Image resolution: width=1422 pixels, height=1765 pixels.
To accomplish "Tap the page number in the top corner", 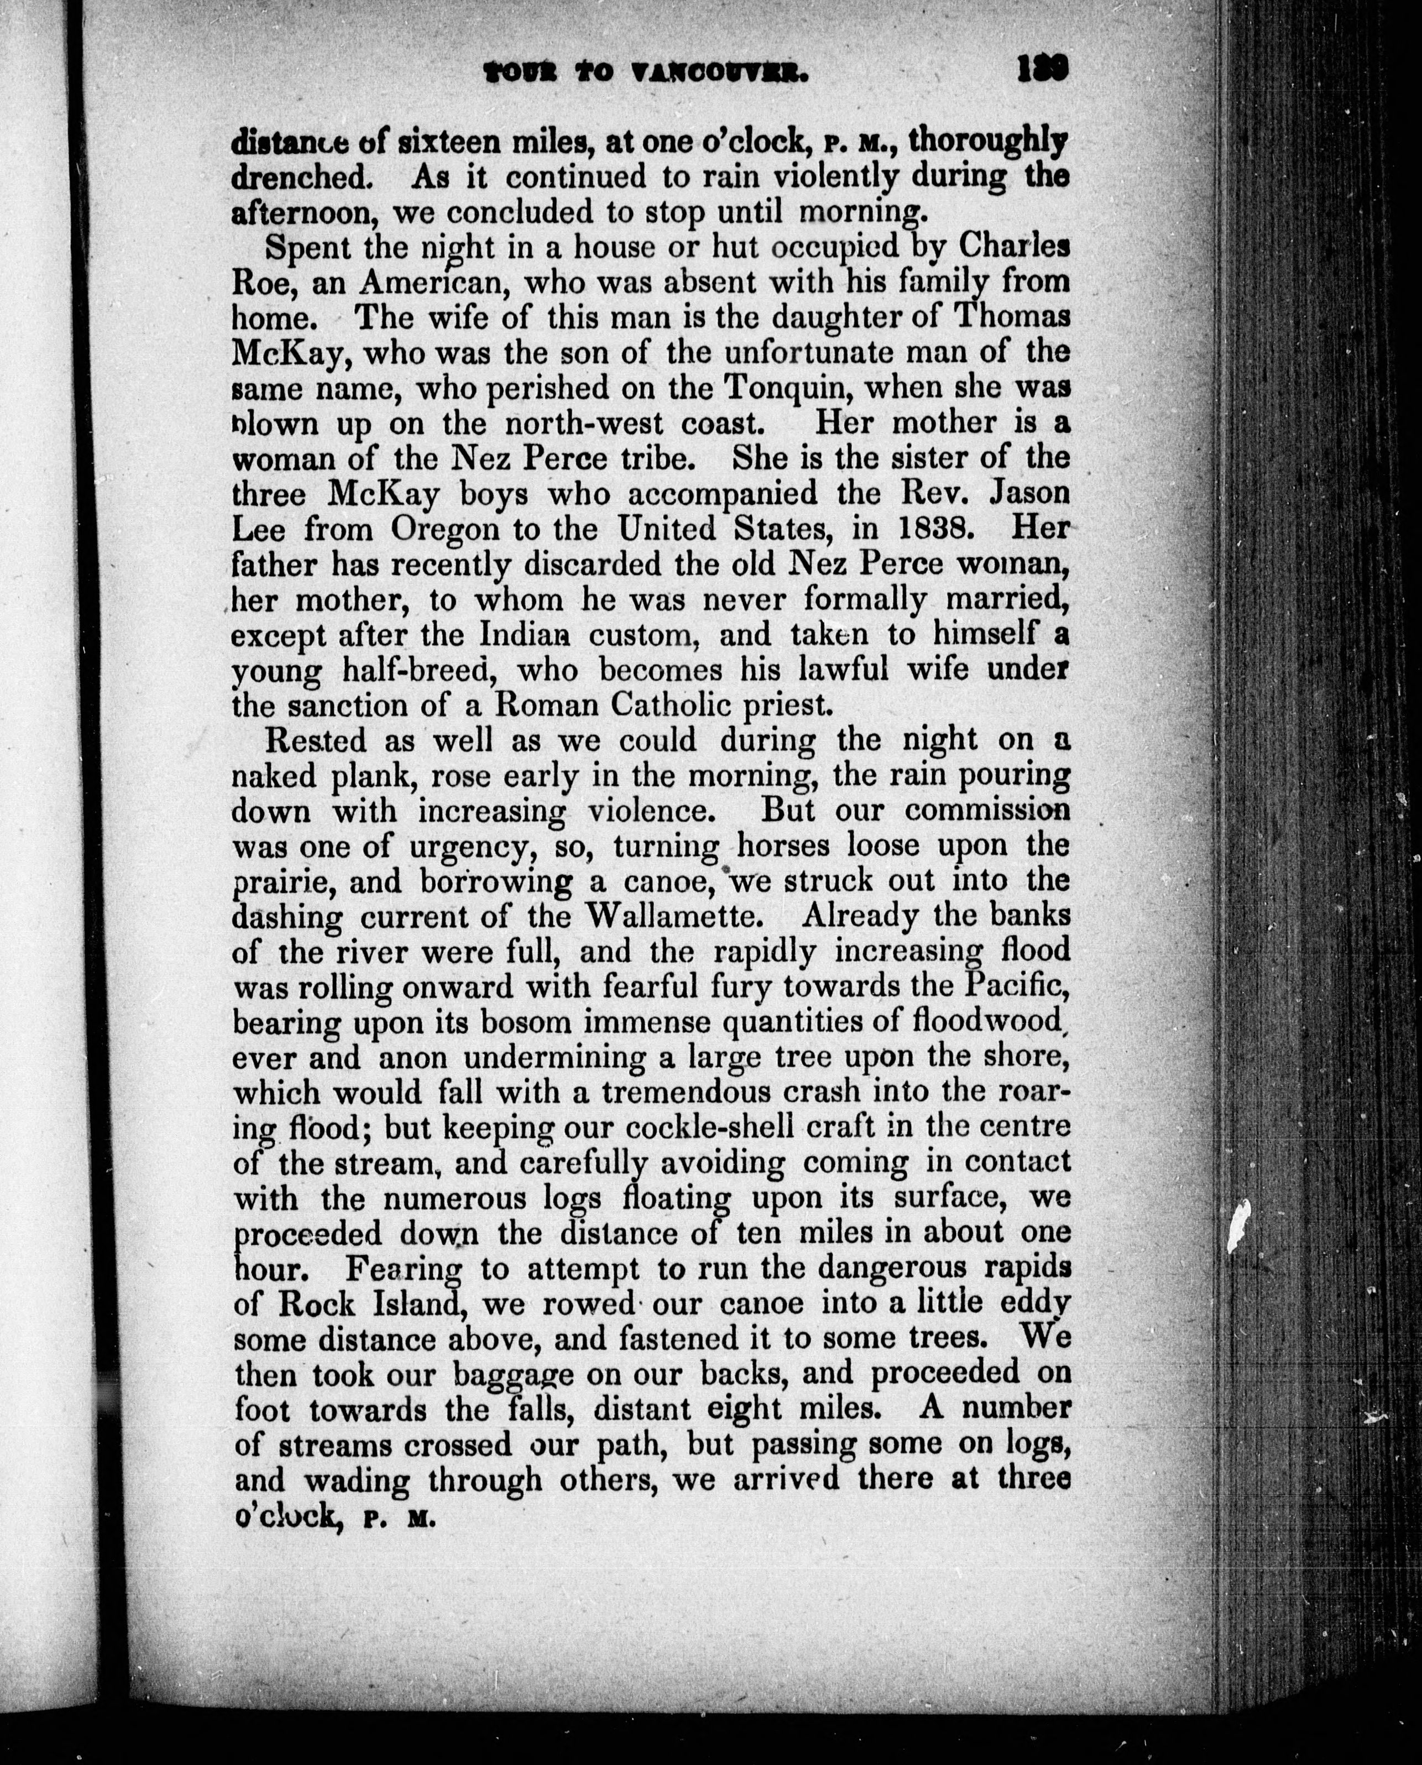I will [1043, 69].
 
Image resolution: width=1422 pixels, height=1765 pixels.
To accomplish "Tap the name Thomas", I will [1012, 317].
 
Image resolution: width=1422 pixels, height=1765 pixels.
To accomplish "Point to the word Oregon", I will [444, 529].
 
